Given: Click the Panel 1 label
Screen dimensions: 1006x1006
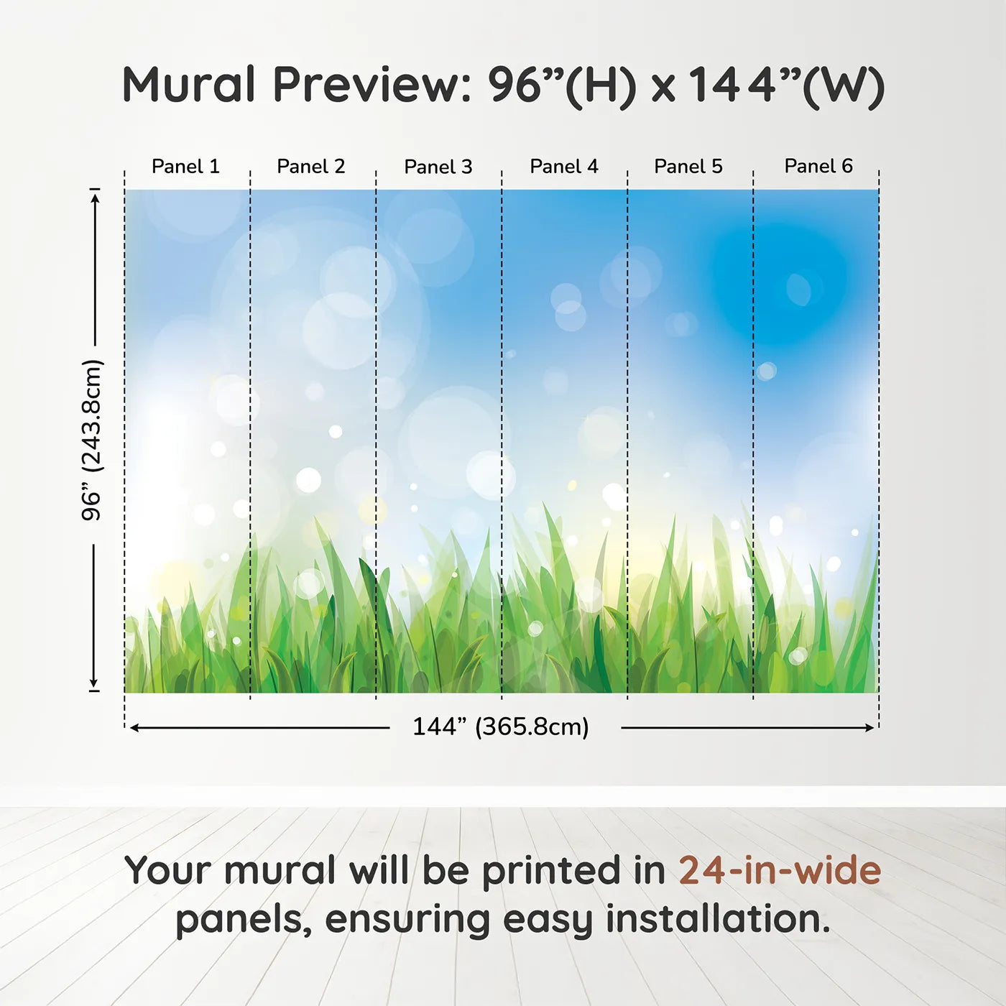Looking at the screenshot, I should (x=185, y=167).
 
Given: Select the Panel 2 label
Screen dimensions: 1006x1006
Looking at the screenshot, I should (x=311, y=167).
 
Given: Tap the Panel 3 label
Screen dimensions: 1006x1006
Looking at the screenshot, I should (x=438, y=167).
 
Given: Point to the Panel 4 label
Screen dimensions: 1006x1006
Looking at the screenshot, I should (x=564, y=167).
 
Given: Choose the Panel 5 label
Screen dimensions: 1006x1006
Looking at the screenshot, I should (x=688, y=167).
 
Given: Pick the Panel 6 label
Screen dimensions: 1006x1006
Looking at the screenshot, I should (x=818, y=167).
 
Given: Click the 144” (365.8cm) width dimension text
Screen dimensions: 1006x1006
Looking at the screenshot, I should (x=501, y=727).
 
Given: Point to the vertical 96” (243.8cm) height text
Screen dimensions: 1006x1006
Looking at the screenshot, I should (x=92, y=440).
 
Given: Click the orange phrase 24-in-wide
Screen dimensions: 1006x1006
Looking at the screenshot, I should (x=780, y=871).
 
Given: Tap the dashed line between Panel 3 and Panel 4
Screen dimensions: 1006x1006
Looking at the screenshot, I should (x=502, y=431).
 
